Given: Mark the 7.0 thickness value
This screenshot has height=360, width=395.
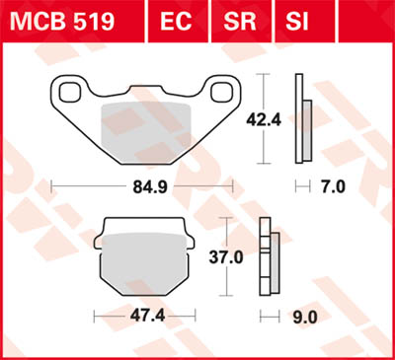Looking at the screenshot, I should [x=337, y=185].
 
